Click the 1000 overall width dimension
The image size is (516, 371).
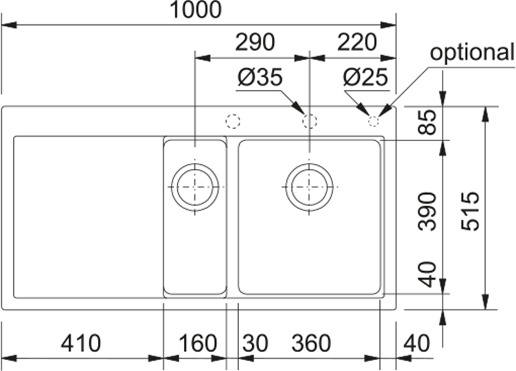click(x=195, y=9)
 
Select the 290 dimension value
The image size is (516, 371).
click(x=255, y=42)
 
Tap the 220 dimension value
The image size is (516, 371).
click(x=357, y=42)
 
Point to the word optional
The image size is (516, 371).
click(x=472, y=52)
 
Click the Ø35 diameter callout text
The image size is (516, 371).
click(x=260, y=77)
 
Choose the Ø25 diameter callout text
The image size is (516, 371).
click(x=365, y=77)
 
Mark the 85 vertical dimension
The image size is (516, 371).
click(x=427, y=122)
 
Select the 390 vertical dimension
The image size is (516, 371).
click(x=427, y=212)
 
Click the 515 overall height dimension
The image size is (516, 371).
click(x=470, y=212)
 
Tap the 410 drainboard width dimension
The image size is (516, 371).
click(x=81, y=343)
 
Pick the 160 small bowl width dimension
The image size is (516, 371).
click(x=197, y=343)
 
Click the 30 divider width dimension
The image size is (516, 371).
click(x=256, y=343)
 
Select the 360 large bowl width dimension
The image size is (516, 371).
click(x=311, y=343)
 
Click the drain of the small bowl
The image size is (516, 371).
click(x=195, y=187)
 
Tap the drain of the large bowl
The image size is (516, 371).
click(x=309, y=187)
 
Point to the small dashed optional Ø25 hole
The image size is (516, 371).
click(x=373, y=122)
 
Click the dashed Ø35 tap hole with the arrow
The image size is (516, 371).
click(x=310, y=122)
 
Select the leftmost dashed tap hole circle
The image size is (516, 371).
click(x=233, y=122)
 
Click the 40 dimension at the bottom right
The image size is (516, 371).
click(x=416, y=343)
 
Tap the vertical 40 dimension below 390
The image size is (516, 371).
click(x=427, y=274)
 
